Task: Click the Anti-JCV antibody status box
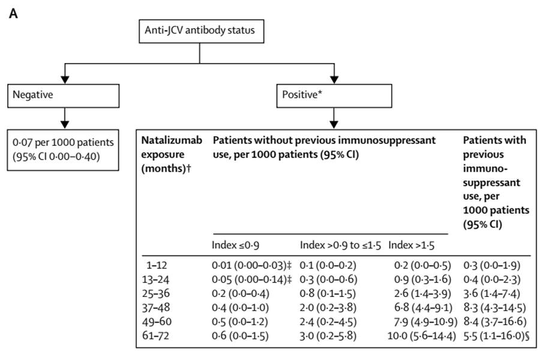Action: pos(202,31)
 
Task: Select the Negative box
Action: pos(63,96)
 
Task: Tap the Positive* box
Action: pos(334,96)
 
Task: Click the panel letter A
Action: pos(13,14)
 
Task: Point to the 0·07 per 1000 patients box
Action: pos(63,150)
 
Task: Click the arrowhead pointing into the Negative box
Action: pos(65,79)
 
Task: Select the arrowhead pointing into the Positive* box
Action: pos(334,79)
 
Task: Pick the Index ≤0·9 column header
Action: pos(235,245)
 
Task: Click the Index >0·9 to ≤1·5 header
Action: pos(340,245)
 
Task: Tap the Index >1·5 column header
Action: pos(411,245)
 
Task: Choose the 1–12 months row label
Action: pos(157,265)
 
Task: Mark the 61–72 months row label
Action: pos(155,335)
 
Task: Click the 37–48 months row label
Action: pos(156,307)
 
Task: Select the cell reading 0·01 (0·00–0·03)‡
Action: pos(251,265)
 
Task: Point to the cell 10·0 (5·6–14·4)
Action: pos(422,335)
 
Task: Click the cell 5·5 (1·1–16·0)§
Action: pos(496,335)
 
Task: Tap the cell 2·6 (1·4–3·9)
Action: pos(423,293)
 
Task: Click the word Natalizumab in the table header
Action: pos(172,140)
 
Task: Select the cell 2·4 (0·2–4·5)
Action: pos(328,322)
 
